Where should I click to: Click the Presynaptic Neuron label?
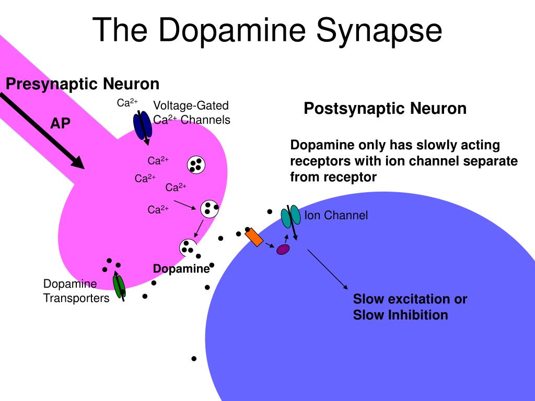click(x=83, y=84)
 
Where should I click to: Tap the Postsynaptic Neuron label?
click(x=385, y=109)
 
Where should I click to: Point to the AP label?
click(x=60, y=123)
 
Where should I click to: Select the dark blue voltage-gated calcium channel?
click(x=142, y=126)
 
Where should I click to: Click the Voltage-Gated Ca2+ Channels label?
click(x=191, y=113)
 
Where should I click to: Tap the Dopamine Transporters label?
click(x=76, y=291)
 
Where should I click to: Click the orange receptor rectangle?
click(x=254, y=237)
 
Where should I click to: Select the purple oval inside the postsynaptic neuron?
click(x=283, y=250)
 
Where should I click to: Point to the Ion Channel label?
click(x=336, y=215)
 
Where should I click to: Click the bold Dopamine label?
click(x=181, y=268)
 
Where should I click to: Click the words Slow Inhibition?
click(x=400, y=315)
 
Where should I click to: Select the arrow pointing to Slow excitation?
click(x=327, y=269)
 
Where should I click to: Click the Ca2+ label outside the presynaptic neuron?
click(x=127, y=103)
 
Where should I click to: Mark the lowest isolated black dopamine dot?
click(x=194, y=359)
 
